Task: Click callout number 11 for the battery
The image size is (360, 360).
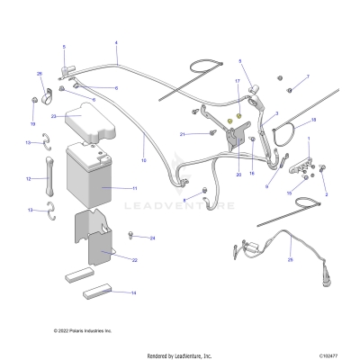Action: [134, 188]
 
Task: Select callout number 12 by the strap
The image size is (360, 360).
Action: [30, 179]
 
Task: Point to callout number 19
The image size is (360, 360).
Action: [33, 123]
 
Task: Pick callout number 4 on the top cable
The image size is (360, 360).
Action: [116, 42]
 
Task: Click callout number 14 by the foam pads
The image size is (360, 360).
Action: [134, 293]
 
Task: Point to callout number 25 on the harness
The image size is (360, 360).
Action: [290, 260]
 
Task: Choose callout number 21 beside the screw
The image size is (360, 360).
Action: [182, 134]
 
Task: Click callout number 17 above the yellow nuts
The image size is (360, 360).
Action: [238, 81]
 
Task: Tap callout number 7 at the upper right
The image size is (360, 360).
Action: [307, 76]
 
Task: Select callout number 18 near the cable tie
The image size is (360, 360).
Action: [313, 120]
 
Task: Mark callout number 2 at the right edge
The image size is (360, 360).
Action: [325, 193]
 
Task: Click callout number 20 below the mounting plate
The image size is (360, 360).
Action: [238, 175]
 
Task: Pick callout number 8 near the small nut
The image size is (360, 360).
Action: [184, 200]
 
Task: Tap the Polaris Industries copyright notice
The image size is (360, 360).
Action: [83, 330]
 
